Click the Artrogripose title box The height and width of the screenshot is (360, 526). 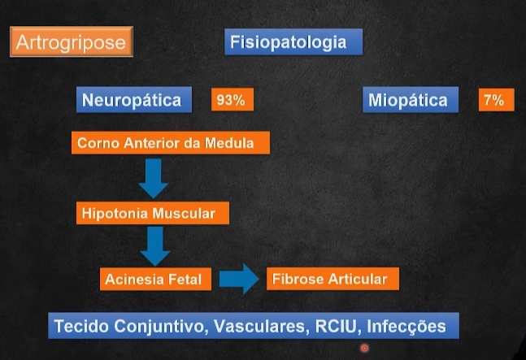[71, 41]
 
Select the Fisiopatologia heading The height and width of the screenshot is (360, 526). [293, 42]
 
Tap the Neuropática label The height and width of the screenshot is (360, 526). [135, 100]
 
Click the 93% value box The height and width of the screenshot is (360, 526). [231, 100]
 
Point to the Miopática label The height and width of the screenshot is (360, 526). [408, 101]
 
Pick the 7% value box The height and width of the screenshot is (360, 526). [495, 100]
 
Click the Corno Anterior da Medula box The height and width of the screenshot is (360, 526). [170, 144]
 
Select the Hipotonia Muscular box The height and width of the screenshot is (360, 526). [153, 214]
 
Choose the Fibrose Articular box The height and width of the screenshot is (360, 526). [333, 279]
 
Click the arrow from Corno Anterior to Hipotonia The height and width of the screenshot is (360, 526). [153, 178]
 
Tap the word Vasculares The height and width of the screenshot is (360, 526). [261, 327]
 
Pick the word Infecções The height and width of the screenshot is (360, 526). [406, 327]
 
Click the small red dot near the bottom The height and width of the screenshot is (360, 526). [364, 349]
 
